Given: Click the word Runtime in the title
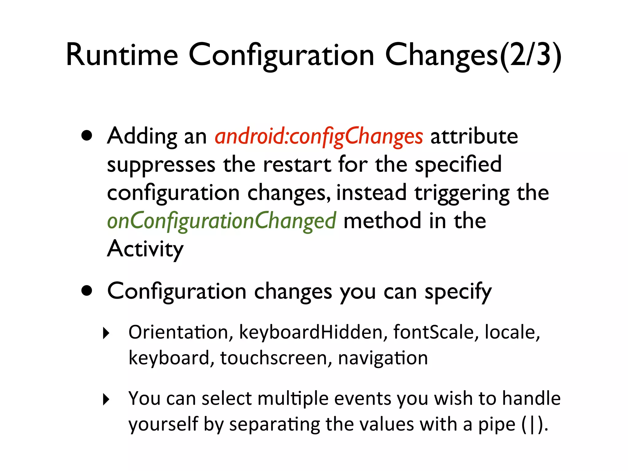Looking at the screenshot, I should [x=122, y=55].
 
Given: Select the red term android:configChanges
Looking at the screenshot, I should [x=319, y=136].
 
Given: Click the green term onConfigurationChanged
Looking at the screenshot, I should [x=221, y=221].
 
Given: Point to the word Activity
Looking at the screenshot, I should [x=145, y=249].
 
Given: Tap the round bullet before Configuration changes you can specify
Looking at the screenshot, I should [x=87, y=290].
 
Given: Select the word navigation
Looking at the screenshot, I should [x=383, y=358].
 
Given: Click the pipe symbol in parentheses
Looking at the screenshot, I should [x=533, y=425].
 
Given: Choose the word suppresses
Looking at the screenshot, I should [x=161, y=165].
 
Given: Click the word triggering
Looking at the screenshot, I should [x=462, y=193].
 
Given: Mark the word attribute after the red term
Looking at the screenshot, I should [x=474, y=136].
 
